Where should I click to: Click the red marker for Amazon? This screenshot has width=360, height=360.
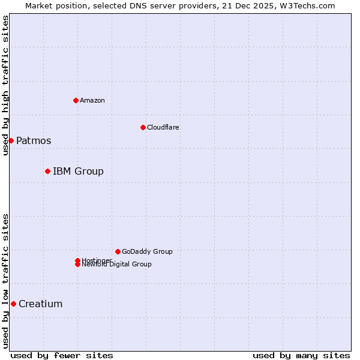click(76, 100)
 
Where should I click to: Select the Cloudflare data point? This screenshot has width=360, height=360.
click(143, 127)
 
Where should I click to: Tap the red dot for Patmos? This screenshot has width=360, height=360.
click(11, 140)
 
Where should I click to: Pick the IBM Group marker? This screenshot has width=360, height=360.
click(47, 171)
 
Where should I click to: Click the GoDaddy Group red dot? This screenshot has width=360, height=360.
click(118, 251)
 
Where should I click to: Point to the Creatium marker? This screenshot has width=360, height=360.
click(13, 304)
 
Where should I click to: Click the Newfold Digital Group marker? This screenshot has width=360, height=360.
click(77, 265)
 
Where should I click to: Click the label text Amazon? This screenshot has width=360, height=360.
click(92, 100)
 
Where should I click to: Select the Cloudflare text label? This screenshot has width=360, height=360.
click(163, 127)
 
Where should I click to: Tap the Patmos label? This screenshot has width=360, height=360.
click(34, 141)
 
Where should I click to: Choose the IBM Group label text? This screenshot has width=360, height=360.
click(78, 172)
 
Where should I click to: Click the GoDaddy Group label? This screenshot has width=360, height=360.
click(147, 251)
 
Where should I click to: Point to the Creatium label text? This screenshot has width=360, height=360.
click(40, 304)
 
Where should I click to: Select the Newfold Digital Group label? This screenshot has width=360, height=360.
click(117, 265)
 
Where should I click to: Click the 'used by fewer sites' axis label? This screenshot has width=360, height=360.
click(62, 355)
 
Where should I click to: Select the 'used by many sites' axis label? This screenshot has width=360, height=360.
click(301, 355)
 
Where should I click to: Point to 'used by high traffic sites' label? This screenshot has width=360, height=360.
click(5, 85)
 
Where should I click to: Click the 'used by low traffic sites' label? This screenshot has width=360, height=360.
click(5, 281)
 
